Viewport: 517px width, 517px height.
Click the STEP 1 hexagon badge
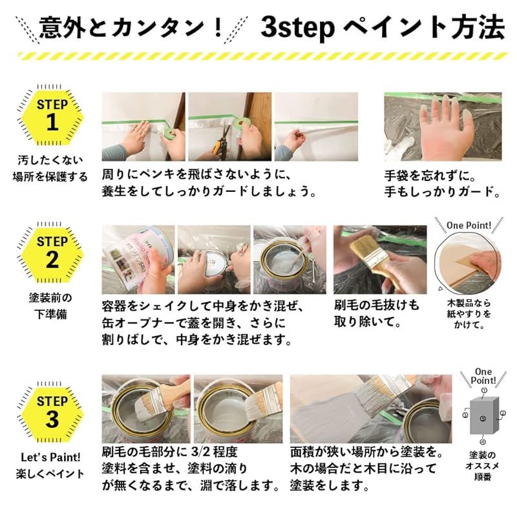(51, 114)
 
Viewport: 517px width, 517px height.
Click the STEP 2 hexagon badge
(51, 252)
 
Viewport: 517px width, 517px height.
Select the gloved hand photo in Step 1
(443, 127)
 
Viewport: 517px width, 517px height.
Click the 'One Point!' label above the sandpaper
(469, 225)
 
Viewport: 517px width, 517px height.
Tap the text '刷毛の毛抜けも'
(376, 305)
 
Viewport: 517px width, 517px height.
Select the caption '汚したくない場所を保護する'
(50, 168)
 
